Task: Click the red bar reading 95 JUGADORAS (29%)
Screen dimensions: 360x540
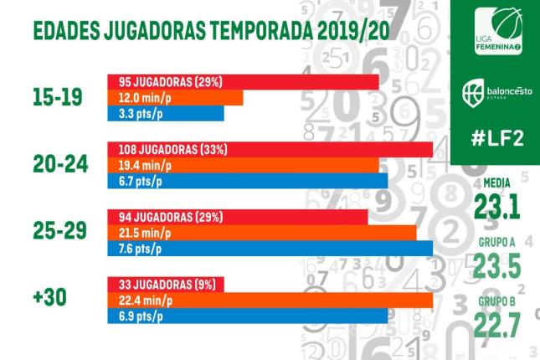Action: point(243,82)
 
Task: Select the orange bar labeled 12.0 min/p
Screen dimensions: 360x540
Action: point(175,98)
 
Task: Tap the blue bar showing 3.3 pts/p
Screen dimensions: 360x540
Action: point(166,113)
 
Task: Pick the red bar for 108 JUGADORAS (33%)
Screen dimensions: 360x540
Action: point(270,150)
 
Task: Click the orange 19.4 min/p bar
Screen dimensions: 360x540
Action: point(243,166)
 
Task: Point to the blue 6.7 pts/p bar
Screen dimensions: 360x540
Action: point(247,181)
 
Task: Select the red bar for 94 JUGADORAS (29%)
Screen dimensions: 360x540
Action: point(238,217)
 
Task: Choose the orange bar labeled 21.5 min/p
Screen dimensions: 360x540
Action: point(261,233)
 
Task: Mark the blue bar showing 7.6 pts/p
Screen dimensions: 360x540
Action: point(270,248)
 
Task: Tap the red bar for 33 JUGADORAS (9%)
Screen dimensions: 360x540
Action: point(166,284)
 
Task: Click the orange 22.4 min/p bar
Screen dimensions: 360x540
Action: point(270,300)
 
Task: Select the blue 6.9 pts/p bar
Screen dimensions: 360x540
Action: point(247,315)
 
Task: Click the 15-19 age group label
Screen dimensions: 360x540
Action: point(57,97)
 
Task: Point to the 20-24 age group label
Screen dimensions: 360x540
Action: point(57,165)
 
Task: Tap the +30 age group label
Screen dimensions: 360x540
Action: point(50,300)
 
